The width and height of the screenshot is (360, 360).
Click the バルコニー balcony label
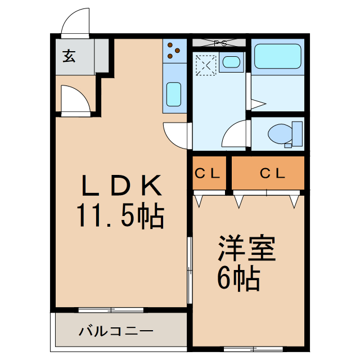tap(115, 331)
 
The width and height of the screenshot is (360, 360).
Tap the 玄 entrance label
tap(69, 56)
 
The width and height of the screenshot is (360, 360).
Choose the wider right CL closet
tap(268, 173)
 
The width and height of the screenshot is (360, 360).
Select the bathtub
tap(278, 56)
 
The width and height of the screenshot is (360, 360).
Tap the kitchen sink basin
tap(174, 94)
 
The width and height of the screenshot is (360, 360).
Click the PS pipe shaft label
tap(219, 42)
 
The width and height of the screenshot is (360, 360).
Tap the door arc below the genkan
tap(74, 100)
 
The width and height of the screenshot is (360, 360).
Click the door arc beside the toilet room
tap(236, 134)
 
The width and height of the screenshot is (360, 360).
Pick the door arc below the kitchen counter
tap(175, 134)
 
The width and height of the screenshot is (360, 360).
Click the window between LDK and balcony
tap(111, 309)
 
